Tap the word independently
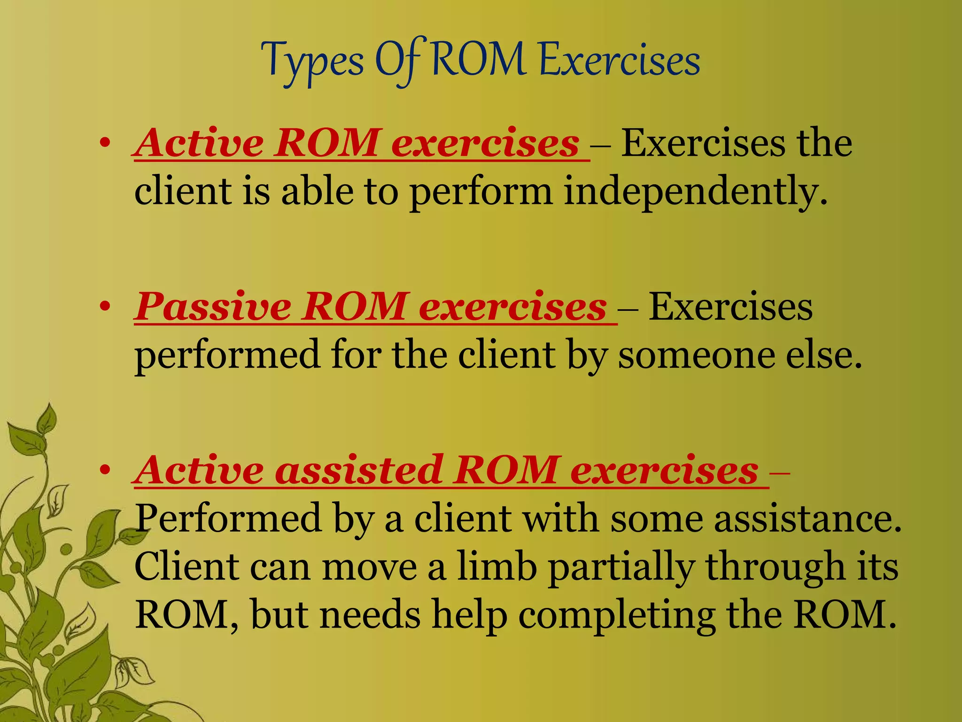(x=695, y=193)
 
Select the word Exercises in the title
(x=620, y=61)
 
